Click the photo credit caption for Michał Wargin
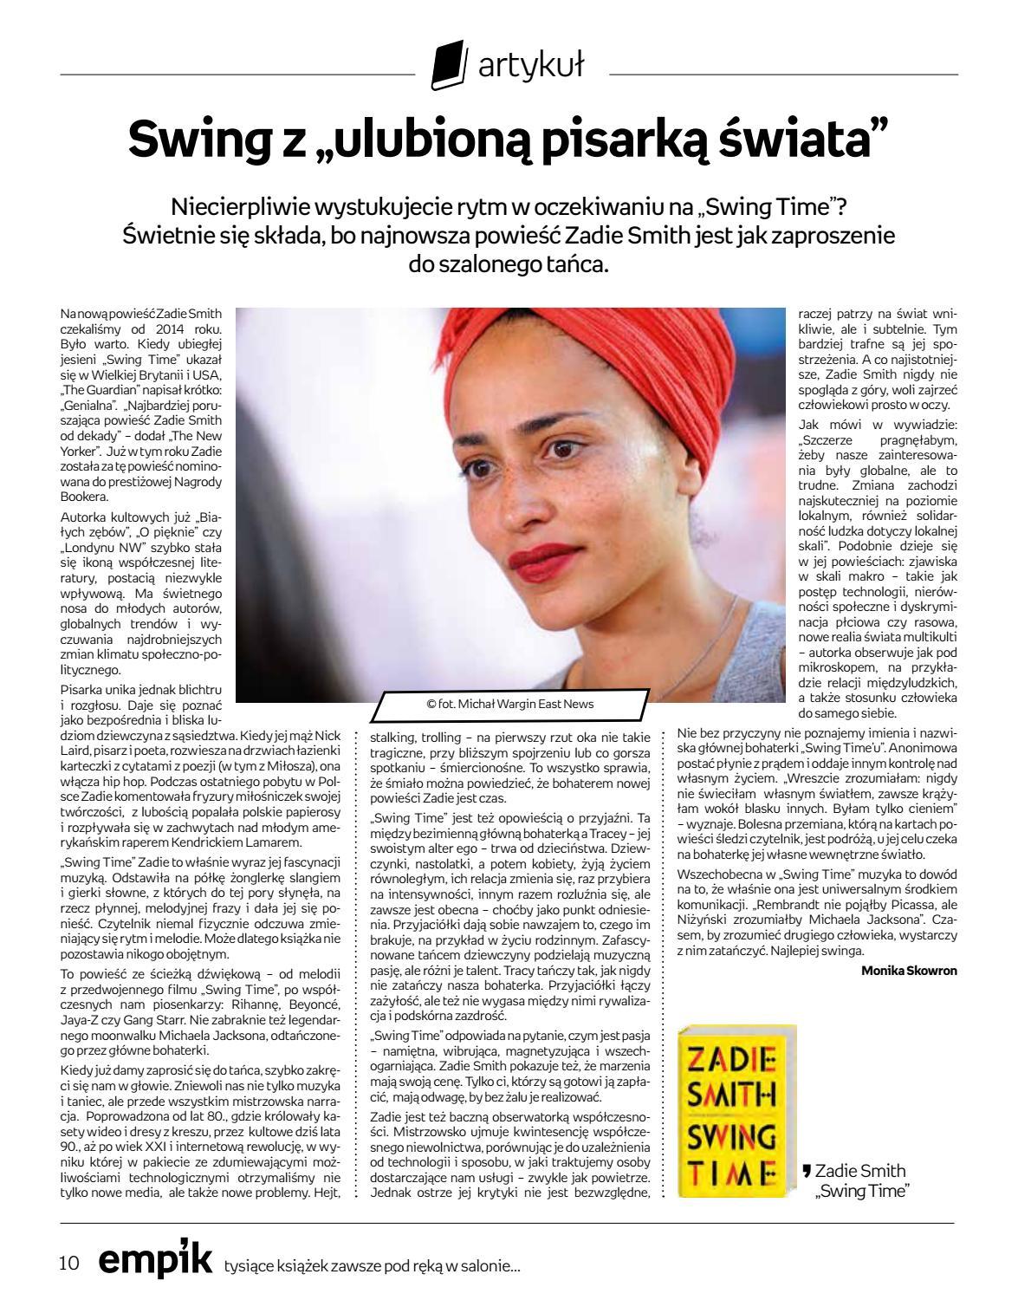point(509,705)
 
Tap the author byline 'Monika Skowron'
point(909,971)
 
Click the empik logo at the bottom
point(154,1261)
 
